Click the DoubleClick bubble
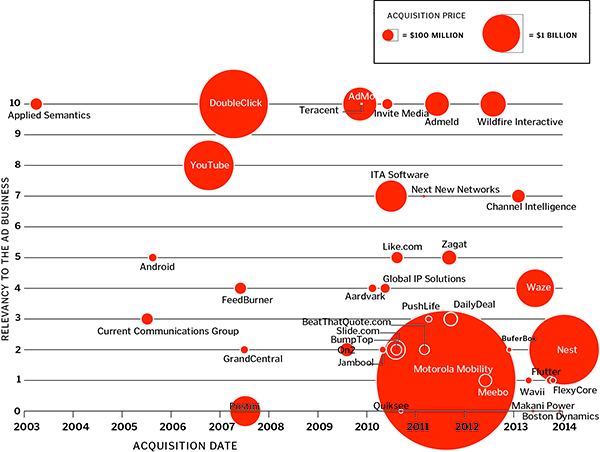point(232,104)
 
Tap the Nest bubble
point(564,349)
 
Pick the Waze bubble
point(534,288)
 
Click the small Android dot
point(152,258)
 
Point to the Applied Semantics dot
point(36,104)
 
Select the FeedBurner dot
point(240,288)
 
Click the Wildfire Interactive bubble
point(492,104)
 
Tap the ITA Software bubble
point(391,196)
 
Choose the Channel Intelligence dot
point(518,196)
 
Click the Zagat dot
point(449,258)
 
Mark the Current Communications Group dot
point(147,319)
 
